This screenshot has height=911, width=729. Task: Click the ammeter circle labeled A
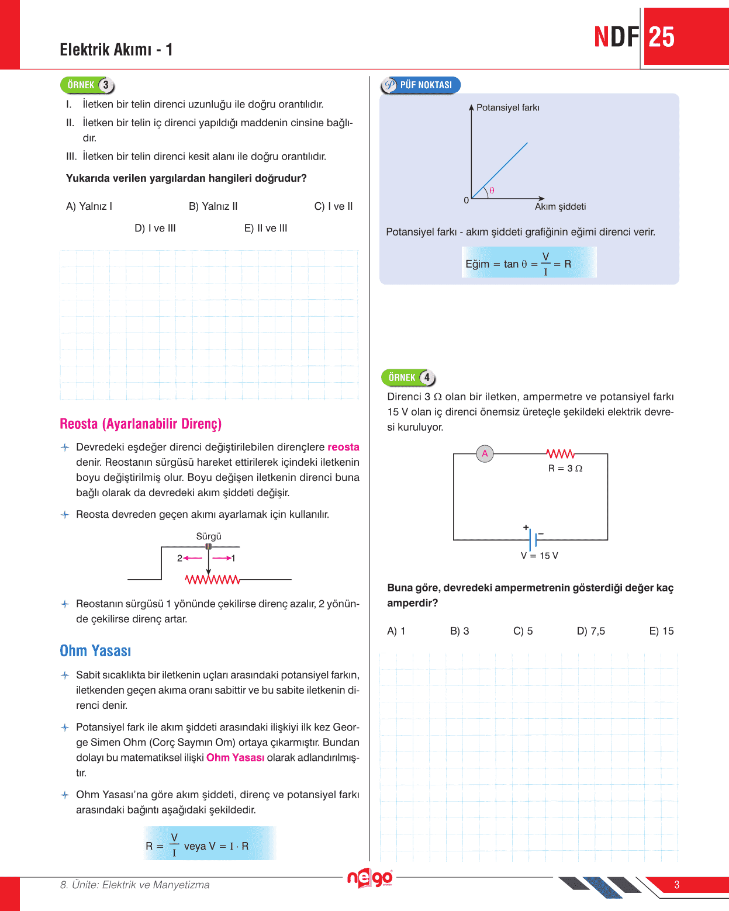pyautogui.click(x=485, y=453)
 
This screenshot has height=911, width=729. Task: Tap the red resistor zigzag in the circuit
pyautogui.click(x=560, y=453)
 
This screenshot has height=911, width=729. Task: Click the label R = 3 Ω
pyautogui.click(x=565, y=469)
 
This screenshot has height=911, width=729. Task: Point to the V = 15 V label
pyautogui.click(x=539, y=556)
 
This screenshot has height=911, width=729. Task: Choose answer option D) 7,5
pyautogui.click(x=590, y=631)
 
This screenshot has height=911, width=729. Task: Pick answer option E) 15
pyautogui.click(x=661, y=631)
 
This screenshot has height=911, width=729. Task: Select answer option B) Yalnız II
pyautogui.click(x=213, y=206)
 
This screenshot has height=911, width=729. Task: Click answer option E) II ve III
pyautogui.click(x=265, y=228)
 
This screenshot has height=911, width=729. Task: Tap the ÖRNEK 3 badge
pyautogui.click(x=87, y=85)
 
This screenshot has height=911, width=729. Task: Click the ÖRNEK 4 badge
pyautogui.click(x=409, y=377)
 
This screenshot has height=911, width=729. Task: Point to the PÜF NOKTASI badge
pyautogui.click(x=420, y=85)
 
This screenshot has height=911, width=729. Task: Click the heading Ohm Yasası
pyautogui.click(x=95, y=651)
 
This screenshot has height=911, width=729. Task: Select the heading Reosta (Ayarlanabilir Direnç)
pyautogui.click(x=140, y=424)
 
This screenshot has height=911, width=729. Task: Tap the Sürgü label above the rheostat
pyautogui.click(x=209, y=536)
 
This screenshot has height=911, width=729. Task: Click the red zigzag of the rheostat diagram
pyautogui.click(x=212, y=580)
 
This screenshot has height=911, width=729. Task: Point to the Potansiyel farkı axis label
pyautogui.click(x=507, y=108)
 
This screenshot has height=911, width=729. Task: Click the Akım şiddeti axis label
pyautogui.click(x=560, y=207)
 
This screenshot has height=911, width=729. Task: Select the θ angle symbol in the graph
pyautogui.click(x=492, y=190)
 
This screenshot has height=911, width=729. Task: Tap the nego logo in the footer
pyautogui.click(x=369, y=878)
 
